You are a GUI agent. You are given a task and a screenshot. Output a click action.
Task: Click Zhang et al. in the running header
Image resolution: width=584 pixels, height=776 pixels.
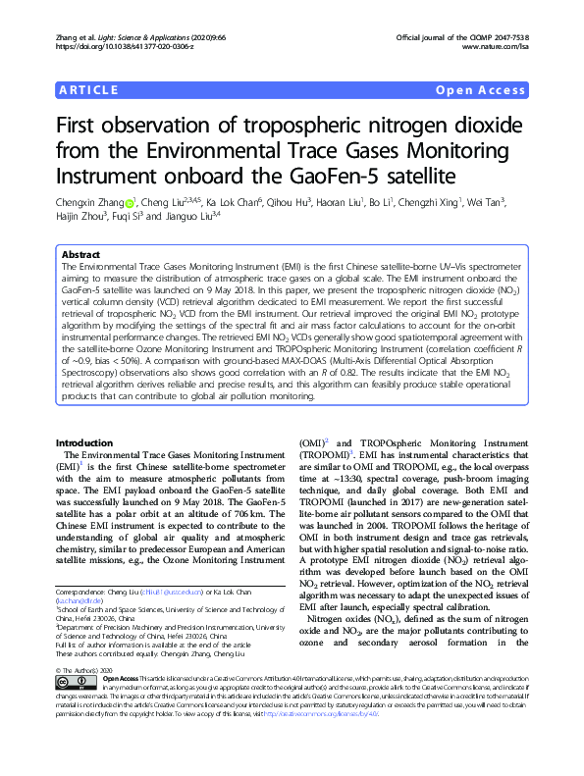point(77,36)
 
